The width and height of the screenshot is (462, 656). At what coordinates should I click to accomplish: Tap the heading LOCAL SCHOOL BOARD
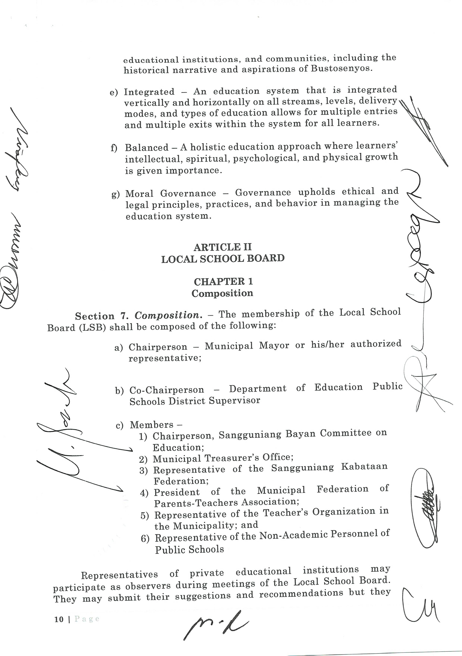223,259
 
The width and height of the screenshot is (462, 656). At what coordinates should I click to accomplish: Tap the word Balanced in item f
147,147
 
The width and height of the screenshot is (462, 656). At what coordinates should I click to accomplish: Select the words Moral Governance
171,193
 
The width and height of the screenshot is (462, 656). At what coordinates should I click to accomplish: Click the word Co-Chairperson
167,390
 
